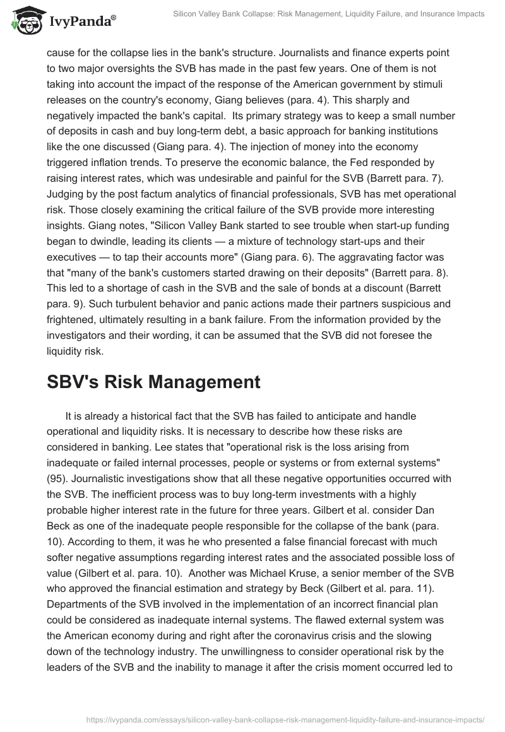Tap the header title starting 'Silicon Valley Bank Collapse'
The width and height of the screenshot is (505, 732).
pos(329,14)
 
